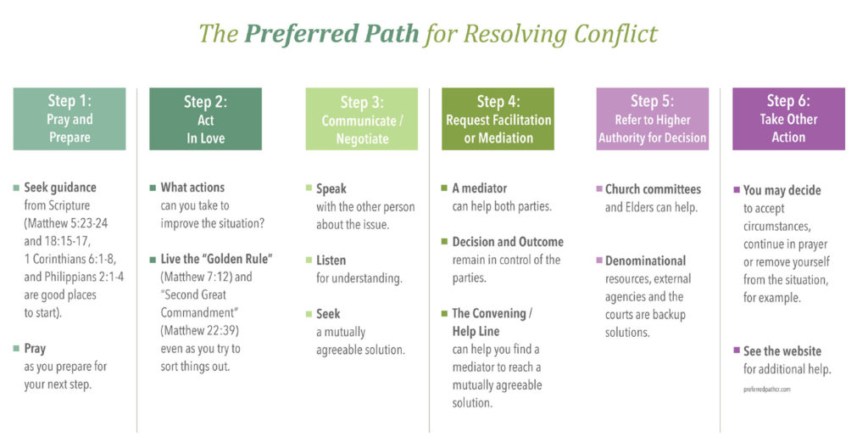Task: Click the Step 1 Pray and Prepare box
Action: point(70,119)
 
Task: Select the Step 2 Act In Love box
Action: point(205,119)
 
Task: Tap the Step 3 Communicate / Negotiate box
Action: point(362,120)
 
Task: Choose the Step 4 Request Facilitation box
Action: point(498,120)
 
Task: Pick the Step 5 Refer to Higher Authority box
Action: point(652,120)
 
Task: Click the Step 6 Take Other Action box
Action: point(788,120)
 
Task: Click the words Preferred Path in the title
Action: point(331,34)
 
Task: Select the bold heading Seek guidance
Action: point(60,188)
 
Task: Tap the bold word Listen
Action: point(331,260)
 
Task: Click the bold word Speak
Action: point(331,188)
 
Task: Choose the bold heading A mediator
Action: point(480,188)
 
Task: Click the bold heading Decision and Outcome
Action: point(508,242)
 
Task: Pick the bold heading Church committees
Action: point(653,189)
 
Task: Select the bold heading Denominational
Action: point(645,261)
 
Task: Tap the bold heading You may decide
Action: point(782,190)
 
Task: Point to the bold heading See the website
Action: point(782,350)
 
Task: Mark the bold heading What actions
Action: point(192,188)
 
